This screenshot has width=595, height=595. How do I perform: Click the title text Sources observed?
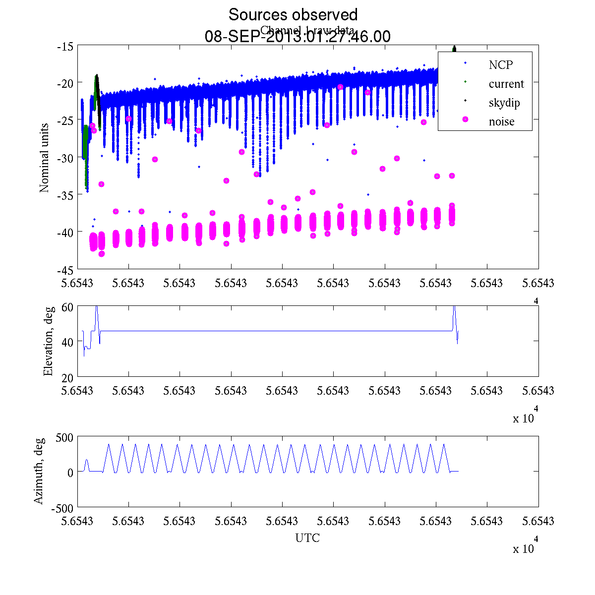(293, 15)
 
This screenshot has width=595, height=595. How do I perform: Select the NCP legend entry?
(500, 65)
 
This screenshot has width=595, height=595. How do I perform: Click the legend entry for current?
(506, 84)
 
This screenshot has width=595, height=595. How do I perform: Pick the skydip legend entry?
(504, 103)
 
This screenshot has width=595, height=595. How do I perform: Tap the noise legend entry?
(501, 122)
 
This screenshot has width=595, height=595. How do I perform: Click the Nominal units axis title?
(45, 158)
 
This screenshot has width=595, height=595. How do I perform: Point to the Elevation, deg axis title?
(48, 341)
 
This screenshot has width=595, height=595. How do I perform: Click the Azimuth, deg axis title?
(39, 471)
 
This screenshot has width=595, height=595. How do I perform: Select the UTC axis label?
(307, 538)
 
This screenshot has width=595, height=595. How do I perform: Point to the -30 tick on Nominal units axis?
(65, 158)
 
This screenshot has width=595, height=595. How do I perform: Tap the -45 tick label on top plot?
(65, 270)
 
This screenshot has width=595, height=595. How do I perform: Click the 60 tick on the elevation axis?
(68, 307)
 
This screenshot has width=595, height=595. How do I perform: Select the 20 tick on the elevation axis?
(68, 376)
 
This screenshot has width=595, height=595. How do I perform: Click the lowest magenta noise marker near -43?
(102, 254)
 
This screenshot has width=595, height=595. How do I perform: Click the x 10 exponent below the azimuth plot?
(523, 548)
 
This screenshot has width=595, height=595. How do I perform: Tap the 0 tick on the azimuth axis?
(70, 472)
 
